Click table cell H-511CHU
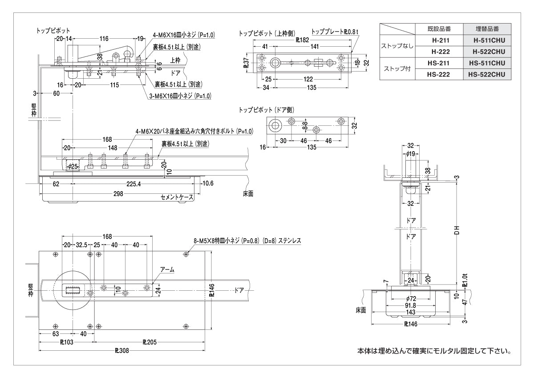(487, 40)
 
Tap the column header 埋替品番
(487, 28)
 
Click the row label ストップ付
(397, 69)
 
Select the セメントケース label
(177, 197)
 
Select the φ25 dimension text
(72, 167)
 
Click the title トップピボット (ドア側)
(266, 109)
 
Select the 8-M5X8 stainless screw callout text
(247, 241)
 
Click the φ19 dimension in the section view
(411, 153)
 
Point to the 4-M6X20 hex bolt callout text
(194, 132)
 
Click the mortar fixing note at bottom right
(434, 351)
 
